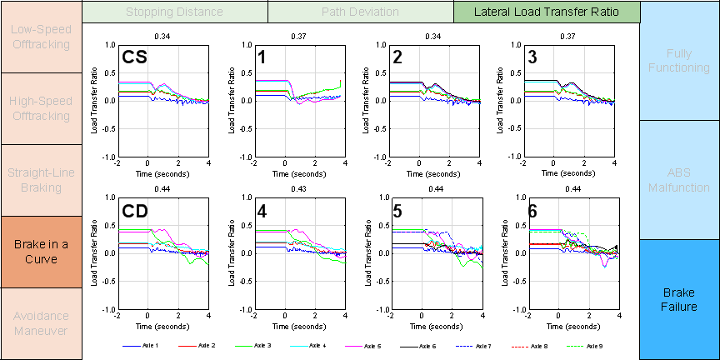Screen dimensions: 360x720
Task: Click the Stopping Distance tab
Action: (175, 12)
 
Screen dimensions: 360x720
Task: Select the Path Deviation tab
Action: (360, 12)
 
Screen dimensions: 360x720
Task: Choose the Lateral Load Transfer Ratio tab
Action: (547, 12)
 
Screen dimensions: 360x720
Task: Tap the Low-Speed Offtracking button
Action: (41, 37)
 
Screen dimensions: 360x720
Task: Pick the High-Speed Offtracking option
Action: (41, 108)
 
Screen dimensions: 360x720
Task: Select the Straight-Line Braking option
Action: (41, 180)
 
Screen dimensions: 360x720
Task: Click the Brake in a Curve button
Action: (41, 252)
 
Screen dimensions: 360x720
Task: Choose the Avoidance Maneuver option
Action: (41, 323)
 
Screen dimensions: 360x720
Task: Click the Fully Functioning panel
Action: (679, 60)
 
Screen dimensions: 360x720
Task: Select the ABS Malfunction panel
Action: (679, 180)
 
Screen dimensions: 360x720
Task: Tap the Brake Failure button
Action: (679, 300)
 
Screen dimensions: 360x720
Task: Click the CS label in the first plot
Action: (135, 57)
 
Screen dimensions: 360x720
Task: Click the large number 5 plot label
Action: (397, 212)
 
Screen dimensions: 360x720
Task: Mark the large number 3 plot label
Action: (532, 57)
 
